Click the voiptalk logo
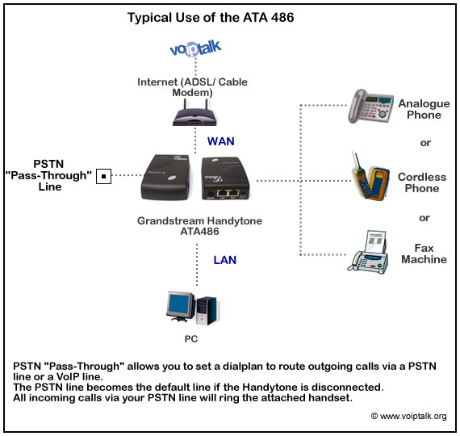195,48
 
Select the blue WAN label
220,141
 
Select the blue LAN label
224,260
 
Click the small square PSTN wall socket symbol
103,176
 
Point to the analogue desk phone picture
370,106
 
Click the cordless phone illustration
370,177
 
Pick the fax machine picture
369,252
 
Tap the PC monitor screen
180,304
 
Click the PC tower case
207,311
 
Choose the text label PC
191,339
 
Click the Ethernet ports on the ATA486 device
228,193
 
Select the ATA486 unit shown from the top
165,178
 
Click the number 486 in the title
282,18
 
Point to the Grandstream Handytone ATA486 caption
200,226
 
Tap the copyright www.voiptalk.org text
409,416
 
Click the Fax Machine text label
424,254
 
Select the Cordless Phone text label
422,182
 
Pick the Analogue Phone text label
424,109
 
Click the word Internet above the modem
157,82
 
